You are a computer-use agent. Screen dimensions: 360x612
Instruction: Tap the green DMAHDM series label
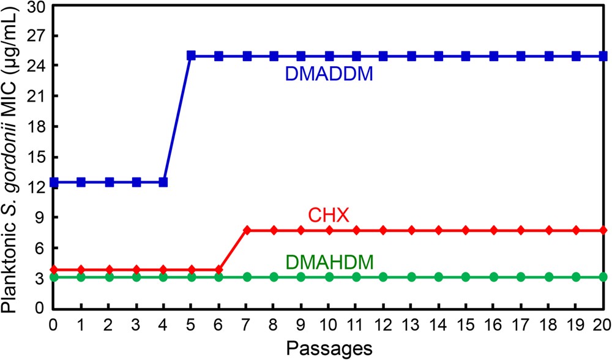coord(329,263)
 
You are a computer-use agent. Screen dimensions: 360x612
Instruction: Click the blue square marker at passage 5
coord(191,56)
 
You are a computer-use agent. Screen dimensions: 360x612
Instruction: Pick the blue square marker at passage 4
coord(163,182)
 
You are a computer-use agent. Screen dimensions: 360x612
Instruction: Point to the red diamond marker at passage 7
coord(246,230)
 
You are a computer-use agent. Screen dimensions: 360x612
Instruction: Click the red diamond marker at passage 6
coord(218,269)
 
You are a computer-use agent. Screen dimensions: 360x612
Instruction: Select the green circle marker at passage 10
coord(329,277)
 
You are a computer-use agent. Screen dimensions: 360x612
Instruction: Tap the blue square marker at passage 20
coord(603,56)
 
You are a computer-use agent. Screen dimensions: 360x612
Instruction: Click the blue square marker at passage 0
coord(54,182)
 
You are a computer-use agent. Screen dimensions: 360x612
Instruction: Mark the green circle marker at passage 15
coord(466,277)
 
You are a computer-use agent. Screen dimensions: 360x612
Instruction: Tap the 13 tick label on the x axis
coord(411,321)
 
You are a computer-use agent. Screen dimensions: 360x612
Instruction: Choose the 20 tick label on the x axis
coord(602,321)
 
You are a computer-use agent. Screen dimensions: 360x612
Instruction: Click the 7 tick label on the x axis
coord(246,321)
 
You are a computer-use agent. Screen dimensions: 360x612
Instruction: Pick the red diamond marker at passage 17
coord(521,230)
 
